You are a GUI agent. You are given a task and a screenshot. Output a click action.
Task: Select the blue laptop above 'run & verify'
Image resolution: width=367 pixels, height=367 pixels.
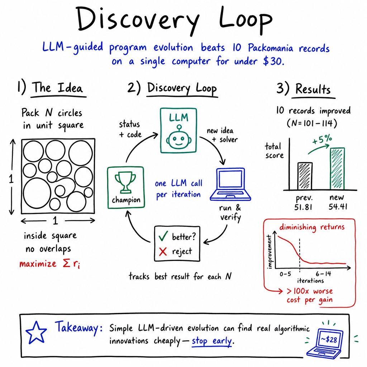click(x=230, y=184)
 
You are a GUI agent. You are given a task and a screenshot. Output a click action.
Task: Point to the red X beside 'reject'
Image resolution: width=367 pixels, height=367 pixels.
click(x=163, y=252)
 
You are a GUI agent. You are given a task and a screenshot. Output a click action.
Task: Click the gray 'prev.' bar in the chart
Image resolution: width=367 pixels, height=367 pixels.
click(x=305, y=176)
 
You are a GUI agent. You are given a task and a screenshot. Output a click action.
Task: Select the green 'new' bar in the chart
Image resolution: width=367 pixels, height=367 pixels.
click(x=337, y=168)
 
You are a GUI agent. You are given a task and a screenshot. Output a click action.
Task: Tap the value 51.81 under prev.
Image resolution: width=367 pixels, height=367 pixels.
click(x=303, y=207)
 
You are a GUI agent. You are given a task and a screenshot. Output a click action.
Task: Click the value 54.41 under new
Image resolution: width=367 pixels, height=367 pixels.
click(x=338, y=207)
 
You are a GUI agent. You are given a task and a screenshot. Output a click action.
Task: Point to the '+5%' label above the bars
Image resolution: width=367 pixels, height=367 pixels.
click(x=322, y=139)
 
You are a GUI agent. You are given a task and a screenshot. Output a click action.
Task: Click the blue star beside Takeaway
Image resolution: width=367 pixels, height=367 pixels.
click(x=36, y=332)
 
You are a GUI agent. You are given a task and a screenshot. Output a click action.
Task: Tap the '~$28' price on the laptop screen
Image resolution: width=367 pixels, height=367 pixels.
click(x=329, y=339)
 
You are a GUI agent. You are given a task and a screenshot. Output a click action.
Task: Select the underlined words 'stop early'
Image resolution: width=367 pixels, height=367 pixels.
click(x=211, y=341)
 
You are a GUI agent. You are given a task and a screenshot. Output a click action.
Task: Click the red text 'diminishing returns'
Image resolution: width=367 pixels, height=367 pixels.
click(x=312, y=227)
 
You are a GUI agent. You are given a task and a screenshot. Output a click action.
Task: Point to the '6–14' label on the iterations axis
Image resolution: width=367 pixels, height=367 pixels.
click(x=323, y=273)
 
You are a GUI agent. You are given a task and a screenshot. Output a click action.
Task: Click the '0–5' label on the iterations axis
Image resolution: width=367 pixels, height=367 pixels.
click(x=285, y=273)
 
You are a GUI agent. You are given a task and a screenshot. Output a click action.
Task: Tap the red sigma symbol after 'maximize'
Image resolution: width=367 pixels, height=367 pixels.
click(x=67, y=263)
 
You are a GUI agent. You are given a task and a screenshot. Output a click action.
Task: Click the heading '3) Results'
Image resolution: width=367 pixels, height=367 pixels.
click(x=304, y=89)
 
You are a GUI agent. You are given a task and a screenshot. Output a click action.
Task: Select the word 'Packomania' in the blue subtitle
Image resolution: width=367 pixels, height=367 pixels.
click(x=270, y=48)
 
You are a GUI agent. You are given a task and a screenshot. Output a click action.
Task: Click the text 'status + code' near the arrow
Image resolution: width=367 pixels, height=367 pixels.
click(x=130, y=129)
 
